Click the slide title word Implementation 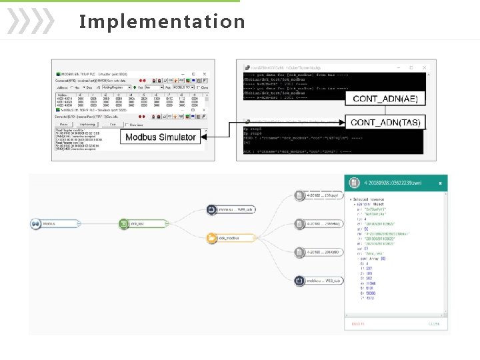162,21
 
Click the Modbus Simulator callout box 160,137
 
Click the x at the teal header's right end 441,183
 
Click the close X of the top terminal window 423,67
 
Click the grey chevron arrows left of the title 30,21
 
